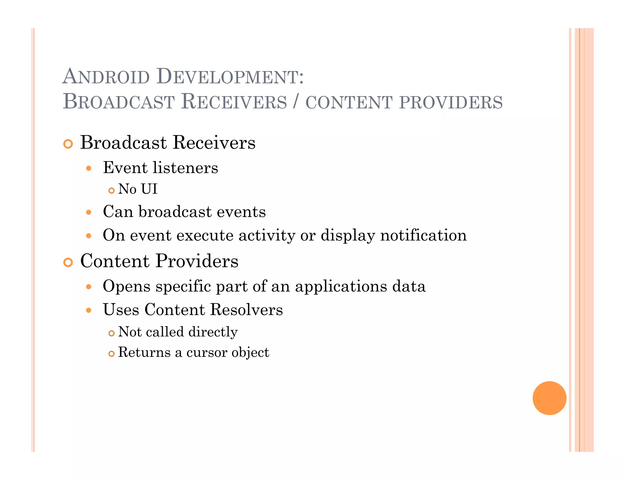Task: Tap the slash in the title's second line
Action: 296,102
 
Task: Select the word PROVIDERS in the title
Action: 451,102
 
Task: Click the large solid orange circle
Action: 549,398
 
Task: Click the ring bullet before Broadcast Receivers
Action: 68,144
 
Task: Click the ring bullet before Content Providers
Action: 68,262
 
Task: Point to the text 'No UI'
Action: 138,189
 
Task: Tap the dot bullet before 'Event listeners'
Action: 89,168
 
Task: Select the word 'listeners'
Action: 185,168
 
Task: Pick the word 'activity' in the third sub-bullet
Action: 267,236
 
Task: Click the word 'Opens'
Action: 127,287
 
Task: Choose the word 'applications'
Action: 341,287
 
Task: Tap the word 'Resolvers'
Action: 246,310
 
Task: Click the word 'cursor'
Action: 206,352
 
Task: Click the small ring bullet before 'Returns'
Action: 111,353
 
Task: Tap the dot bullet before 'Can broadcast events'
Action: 89,212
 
